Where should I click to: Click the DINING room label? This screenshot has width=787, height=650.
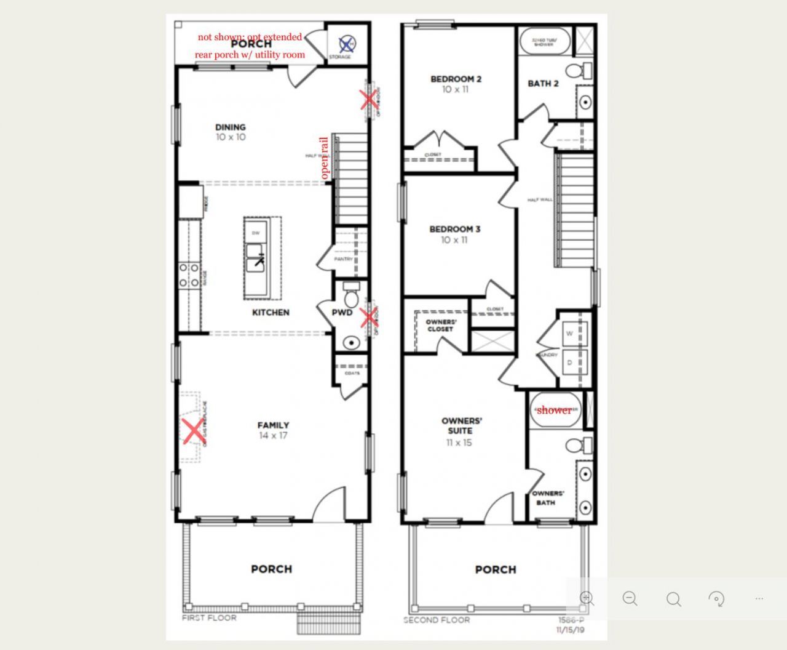click(x=231, y=127)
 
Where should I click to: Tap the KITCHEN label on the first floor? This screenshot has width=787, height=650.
click(x=271, y=312)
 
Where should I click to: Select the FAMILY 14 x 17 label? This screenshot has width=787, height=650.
click(x=273, y=430)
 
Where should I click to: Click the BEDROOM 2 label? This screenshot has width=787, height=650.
click(x=456, y=79)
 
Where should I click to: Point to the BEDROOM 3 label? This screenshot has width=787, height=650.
click(x=454, y=229)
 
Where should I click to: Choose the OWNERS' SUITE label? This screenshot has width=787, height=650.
click(x=461, y=426)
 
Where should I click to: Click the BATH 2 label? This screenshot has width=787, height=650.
click(x=543, y=84)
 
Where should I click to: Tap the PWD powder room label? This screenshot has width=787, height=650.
click(x=342, y=312)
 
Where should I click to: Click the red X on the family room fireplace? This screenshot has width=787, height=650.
click(x=194, y=431)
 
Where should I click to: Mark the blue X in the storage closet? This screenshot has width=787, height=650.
click(x=347, y=44)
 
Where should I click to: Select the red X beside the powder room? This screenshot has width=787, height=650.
click(x=369, y=318)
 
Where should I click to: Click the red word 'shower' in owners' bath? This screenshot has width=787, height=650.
click(x=554, y=410)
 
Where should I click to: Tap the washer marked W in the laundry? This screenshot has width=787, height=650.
click(x=569, y=334)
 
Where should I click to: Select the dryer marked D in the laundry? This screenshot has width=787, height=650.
click(x=569, y=363)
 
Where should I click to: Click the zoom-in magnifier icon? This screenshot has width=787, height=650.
click(x=587, y=598)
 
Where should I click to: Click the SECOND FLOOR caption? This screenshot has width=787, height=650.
click(x=437, y=620)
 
